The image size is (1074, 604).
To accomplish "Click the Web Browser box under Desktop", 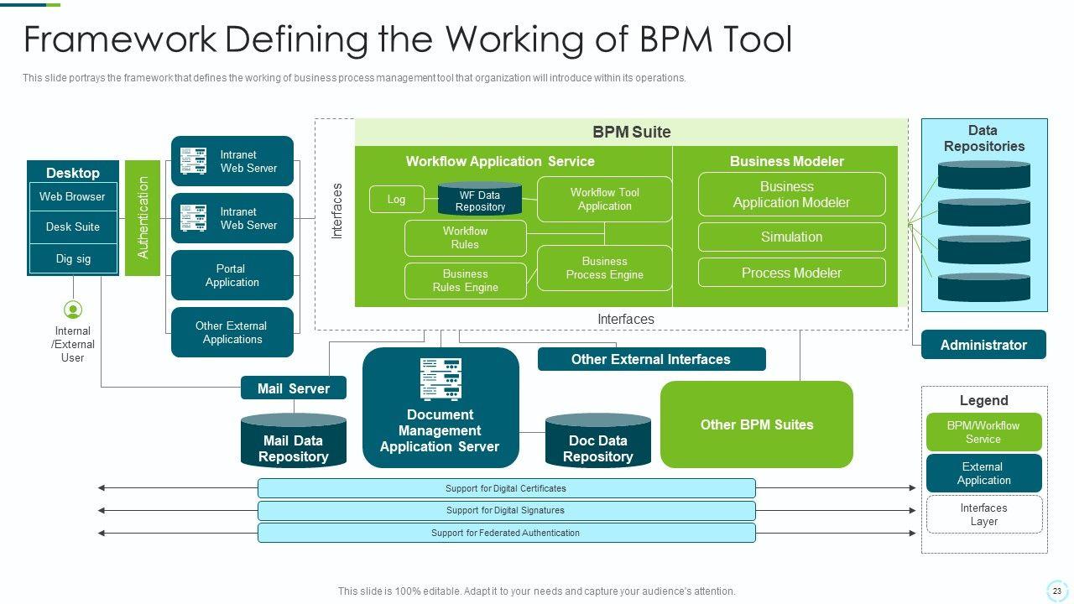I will (x=72, y=197).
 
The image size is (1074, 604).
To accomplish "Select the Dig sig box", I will (x=72, y=258).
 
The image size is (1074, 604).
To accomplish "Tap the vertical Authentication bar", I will (x=143, y=217).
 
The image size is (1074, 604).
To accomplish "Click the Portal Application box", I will (x=232, y=275).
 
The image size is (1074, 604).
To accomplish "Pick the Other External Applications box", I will (x=232, y=332).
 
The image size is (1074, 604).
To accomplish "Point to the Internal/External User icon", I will (x=73, y=310).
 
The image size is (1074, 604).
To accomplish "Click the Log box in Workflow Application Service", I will (x=396, y=199).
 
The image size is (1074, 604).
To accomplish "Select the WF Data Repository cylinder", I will (x=480, y=200).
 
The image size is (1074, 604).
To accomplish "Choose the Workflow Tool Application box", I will (x=604, y=199).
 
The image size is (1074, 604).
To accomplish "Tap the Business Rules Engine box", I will (x=465, y=280).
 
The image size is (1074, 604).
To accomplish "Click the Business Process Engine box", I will (x=604, y=268).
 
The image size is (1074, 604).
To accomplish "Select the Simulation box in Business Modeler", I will (x=791, y=237).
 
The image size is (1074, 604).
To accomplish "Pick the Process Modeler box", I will (x=791, y=273).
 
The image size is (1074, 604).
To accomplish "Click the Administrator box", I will (x=983, y=345).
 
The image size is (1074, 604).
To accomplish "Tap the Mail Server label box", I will (x=293, y=388).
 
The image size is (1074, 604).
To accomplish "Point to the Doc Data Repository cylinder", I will (x=597, y=442).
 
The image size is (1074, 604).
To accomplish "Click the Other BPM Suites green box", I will (x=756, y=424).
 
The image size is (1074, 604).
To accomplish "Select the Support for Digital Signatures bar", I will (x=506, y=510).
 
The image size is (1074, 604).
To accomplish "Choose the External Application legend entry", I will (x=983, y=473).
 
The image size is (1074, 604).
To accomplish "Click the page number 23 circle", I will (x=1056, y=591).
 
